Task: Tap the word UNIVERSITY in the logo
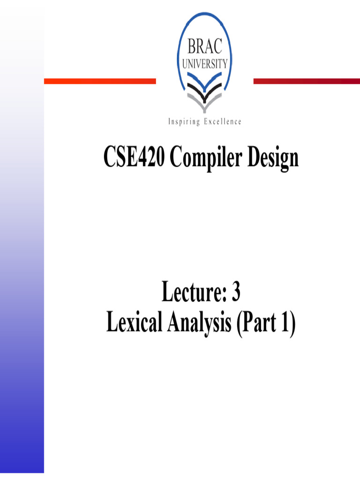(x=205, y=64)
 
